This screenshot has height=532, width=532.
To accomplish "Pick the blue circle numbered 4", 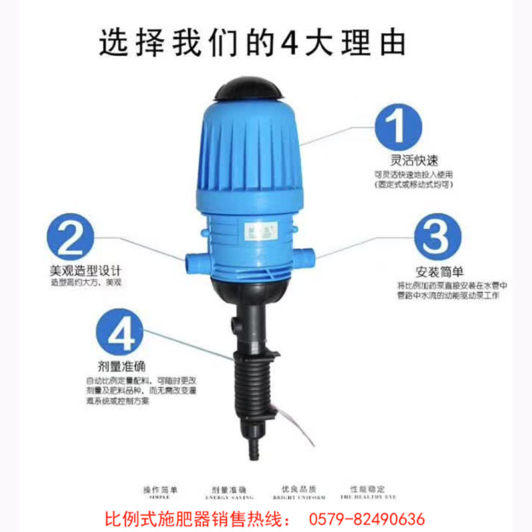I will point(120,332).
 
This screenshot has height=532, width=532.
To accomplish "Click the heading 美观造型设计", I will point(86,270).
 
